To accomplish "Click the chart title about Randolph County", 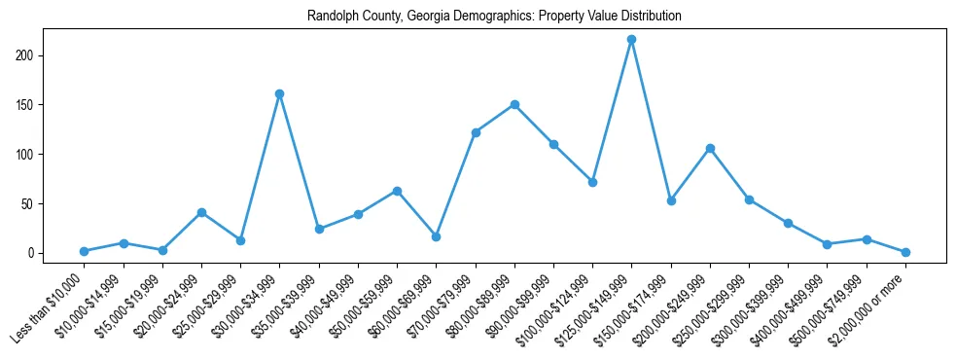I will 494,17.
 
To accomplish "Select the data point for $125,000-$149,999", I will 631,40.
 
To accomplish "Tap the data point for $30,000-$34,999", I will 279,94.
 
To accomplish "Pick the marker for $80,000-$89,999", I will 514,105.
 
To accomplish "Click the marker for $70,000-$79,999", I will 476,132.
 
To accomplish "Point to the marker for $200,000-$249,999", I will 710,148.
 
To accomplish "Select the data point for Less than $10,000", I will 84,251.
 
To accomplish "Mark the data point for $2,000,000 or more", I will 905,252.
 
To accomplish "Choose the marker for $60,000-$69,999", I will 436,236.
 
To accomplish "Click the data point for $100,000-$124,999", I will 592,182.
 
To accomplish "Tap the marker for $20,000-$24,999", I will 201,212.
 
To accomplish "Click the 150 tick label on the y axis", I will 33,105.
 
